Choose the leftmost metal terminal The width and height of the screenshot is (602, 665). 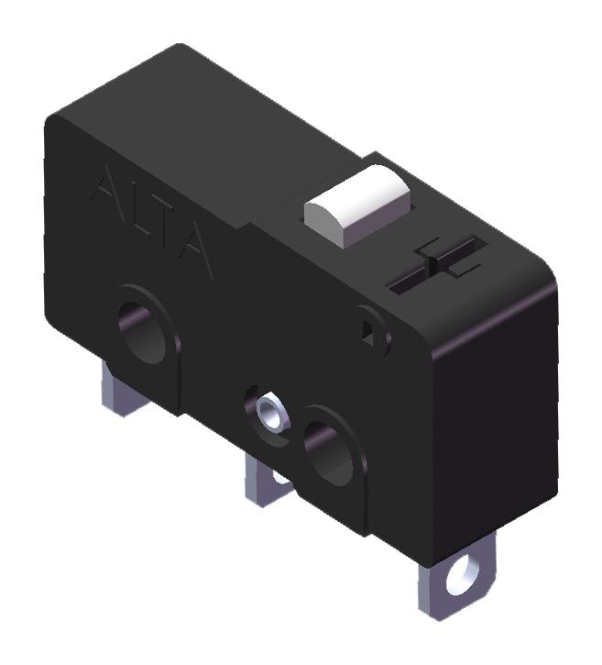click(118, 390)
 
